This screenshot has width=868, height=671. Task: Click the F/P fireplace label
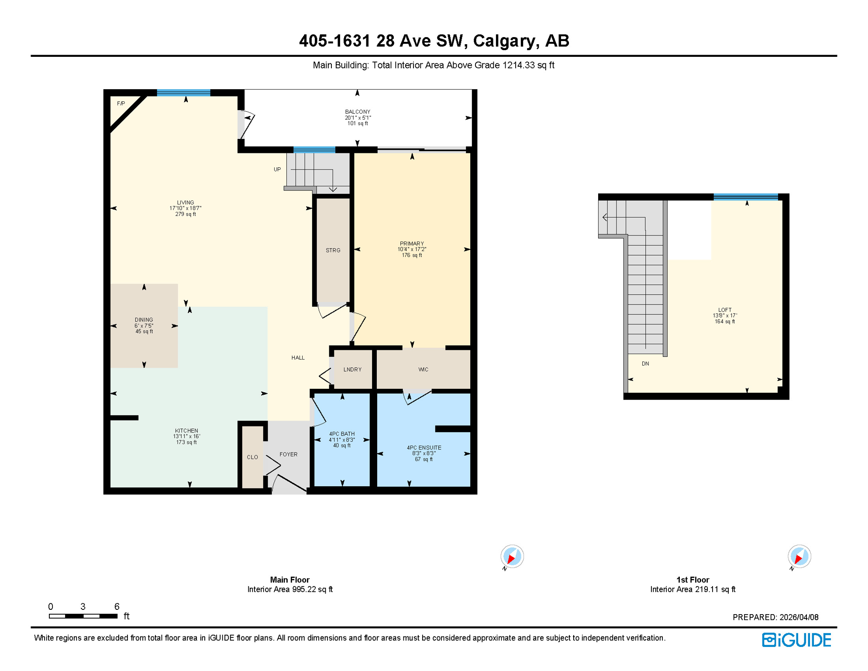click(x=121, y=104)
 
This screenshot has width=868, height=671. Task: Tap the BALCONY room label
click(x=358, y=112)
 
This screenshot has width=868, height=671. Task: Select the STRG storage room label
click(x=333, y=250)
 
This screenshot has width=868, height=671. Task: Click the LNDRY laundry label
click(x=352, y=370)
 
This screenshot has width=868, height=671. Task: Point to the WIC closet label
click(x=423, y=370)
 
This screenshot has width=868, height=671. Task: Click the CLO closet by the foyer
click(x=252, y=457)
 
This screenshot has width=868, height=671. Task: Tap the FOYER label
click(x=288, y=454)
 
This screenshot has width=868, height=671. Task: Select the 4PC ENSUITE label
click(x=424, y=448)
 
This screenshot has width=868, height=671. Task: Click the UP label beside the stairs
click(x=277, y=169)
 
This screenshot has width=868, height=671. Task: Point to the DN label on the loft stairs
click(x=645, y=363)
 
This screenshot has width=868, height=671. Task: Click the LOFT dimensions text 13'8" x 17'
click(x=725, y=315)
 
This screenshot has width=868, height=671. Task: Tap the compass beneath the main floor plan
click(x=512, y=557)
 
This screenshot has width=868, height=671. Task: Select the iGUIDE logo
click(x=796, y=640)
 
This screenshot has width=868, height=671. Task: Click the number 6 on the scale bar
click(x=117, y=606)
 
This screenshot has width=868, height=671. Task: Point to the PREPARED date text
click(x=775, y=617)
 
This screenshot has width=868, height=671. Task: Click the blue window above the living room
click(x=183, y=93)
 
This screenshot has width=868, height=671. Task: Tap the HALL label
click(x=298, y=358)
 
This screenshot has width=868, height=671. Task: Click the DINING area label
click(x=144, y=320)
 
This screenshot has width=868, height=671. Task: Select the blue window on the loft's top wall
click(x=746, y=197)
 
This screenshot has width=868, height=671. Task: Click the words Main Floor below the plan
click(x=289, y=580)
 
